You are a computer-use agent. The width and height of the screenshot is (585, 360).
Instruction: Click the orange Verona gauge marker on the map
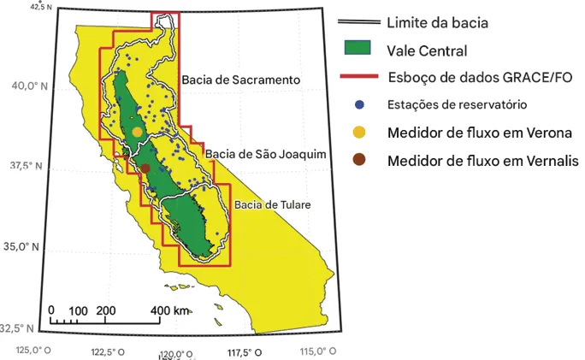138,132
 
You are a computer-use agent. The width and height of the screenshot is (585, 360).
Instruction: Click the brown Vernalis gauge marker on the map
145,168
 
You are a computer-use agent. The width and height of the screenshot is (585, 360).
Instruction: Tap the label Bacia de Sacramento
240,80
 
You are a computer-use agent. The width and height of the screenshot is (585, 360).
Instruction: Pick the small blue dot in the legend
359,104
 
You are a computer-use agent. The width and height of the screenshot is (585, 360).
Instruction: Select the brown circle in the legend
359,161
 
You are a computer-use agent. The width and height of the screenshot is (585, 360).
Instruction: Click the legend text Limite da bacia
437,22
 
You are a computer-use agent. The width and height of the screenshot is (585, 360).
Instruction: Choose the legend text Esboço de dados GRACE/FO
479,76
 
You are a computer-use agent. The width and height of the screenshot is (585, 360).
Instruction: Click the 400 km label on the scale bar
169,310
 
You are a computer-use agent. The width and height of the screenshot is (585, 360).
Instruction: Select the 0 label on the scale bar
51,310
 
